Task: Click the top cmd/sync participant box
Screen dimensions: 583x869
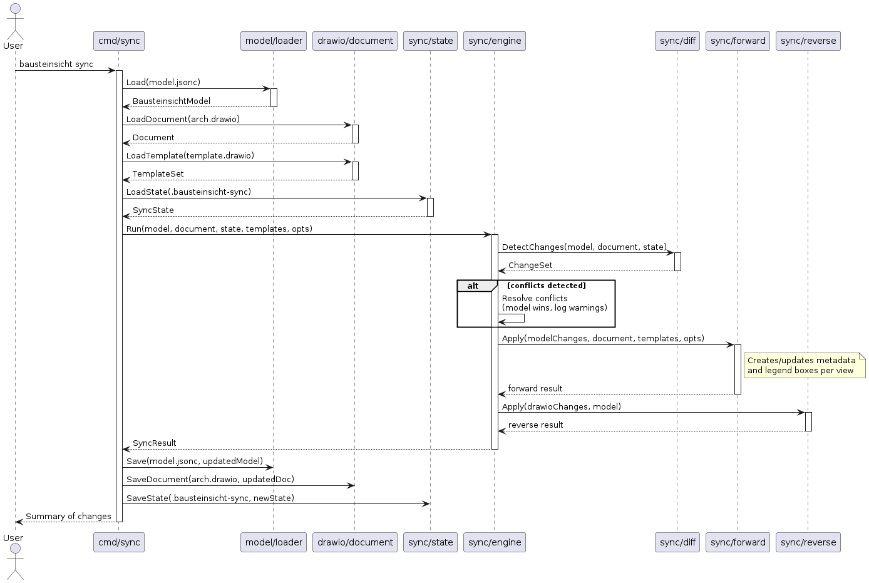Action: tap(119, 41)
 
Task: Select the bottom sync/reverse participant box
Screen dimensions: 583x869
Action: tap(808, 542)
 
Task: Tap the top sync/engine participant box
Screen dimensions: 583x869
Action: tap(494, 41)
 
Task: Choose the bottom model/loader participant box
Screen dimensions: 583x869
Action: tap(274, 542)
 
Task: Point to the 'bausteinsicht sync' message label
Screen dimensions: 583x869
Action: tap(56, 64)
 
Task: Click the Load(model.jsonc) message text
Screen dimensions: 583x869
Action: tap(163, 83)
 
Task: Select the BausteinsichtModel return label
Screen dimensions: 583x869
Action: tap(171, 101)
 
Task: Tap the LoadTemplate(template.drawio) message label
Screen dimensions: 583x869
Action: tap(190, 155)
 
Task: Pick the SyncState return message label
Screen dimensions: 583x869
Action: tap(153, 210)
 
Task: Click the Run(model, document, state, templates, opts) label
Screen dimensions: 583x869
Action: tap(219, 229)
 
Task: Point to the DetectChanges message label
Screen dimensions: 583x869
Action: tap(584, 247)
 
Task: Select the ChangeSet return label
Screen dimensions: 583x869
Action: tap(530, 266)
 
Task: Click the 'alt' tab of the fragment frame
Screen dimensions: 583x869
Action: tap(473, 286)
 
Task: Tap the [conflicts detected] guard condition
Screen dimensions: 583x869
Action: tap(546, 286)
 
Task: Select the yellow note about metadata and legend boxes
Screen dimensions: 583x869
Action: tap(803, 365)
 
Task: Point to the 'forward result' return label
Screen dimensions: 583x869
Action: tap(535, 389)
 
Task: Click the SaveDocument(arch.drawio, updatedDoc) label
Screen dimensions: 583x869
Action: tap(210, 480)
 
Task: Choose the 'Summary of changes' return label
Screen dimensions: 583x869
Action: tap(68, 517)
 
